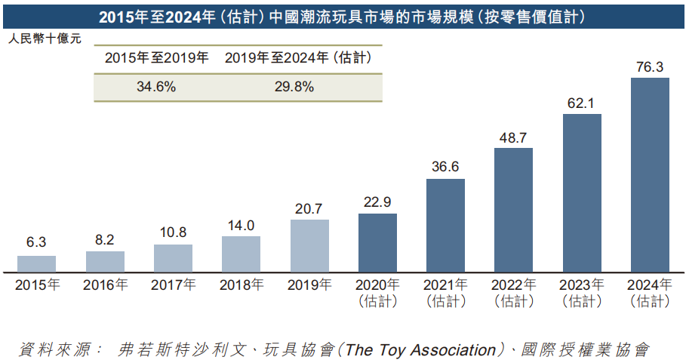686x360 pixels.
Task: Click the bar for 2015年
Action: pos(36,264)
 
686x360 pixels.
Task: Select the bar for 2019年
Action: pos(309,246)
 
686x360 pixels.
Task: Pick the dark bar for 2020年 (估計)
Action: pos(377,243)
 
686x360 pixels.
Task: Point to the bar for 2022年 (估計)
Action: pos(513,211)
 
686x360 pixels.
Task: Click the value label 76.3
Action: pos(650,68)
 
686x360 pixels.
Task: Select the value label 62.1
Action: pos(581,103)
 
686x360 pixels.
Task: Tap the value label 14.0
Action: pos(241,226)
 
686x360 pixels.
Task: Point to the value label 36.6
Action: pos(445,168)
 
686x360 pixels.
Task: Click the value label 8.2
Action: pos(105,240)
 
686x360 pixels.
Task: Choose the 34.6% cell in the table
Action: pos(156,87)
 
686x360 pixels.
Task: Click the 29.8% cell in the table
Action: pos(294,87)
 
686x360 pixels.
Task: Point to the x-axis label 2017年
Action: pos(173,285)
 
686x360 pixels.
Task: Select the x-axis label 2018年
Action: pos(241,285)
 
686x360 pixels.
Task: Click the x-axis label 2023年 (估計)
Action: pos(581,293)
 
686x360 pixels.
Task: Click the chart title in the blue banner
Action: pos(343,15)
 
